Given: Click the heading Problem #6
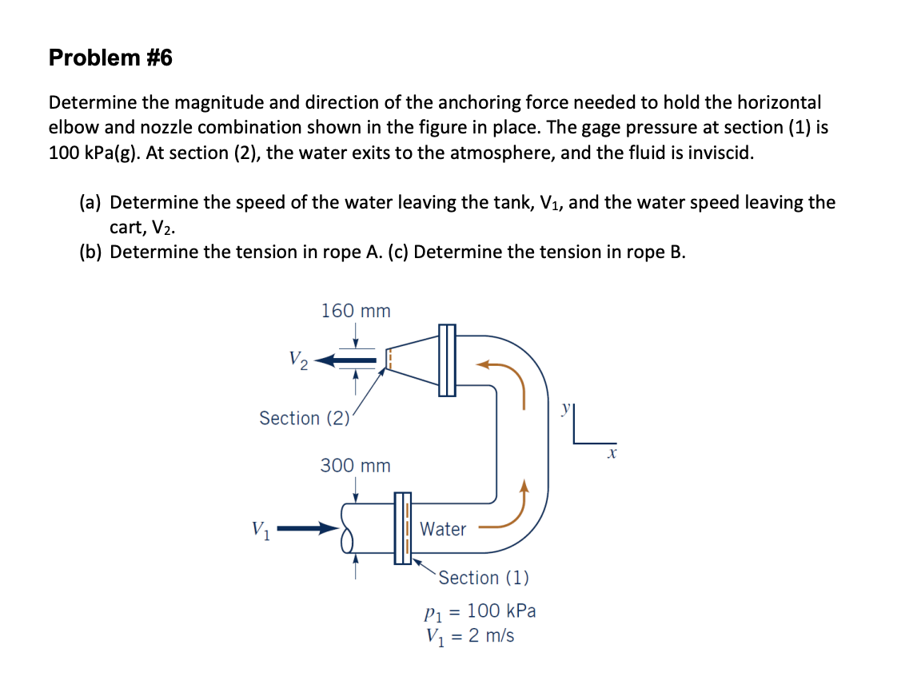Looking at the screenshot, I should (x=110, y=58).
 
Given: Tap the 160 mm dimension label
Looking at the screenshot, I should (x=356, y=311).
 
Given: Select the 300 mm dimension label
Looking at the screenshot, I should (x=356, y=465).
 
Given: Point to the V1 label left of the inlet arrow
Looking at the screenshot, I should (x=261, y=529).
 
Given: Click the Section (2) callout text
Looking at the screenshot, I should (x=304, y=418).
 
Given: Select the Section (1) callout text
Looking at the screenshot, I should (x=483, y=577).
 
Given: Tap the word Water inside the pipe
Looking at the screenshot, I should (x=443, y=529).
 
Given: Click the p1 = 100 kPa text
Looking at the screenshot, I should (x=479, y=612).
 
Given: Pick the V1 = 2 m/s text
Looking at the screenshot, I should (x=470, y=637).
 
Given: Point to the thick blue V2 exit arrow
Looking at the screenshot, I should (x=345, y=362).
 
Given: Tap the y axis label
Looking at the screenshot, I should (x=568, y=408).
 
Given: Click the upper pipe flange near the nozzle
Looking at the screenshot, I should (x=447, y=360).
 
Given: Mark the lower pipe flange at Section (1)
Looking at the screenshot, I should (x=402, y=528).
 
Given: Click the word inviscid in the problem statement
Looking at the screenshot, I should (x=720, y=152).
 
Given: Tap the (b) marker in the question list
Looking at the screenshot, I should (x=92, y=253).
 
